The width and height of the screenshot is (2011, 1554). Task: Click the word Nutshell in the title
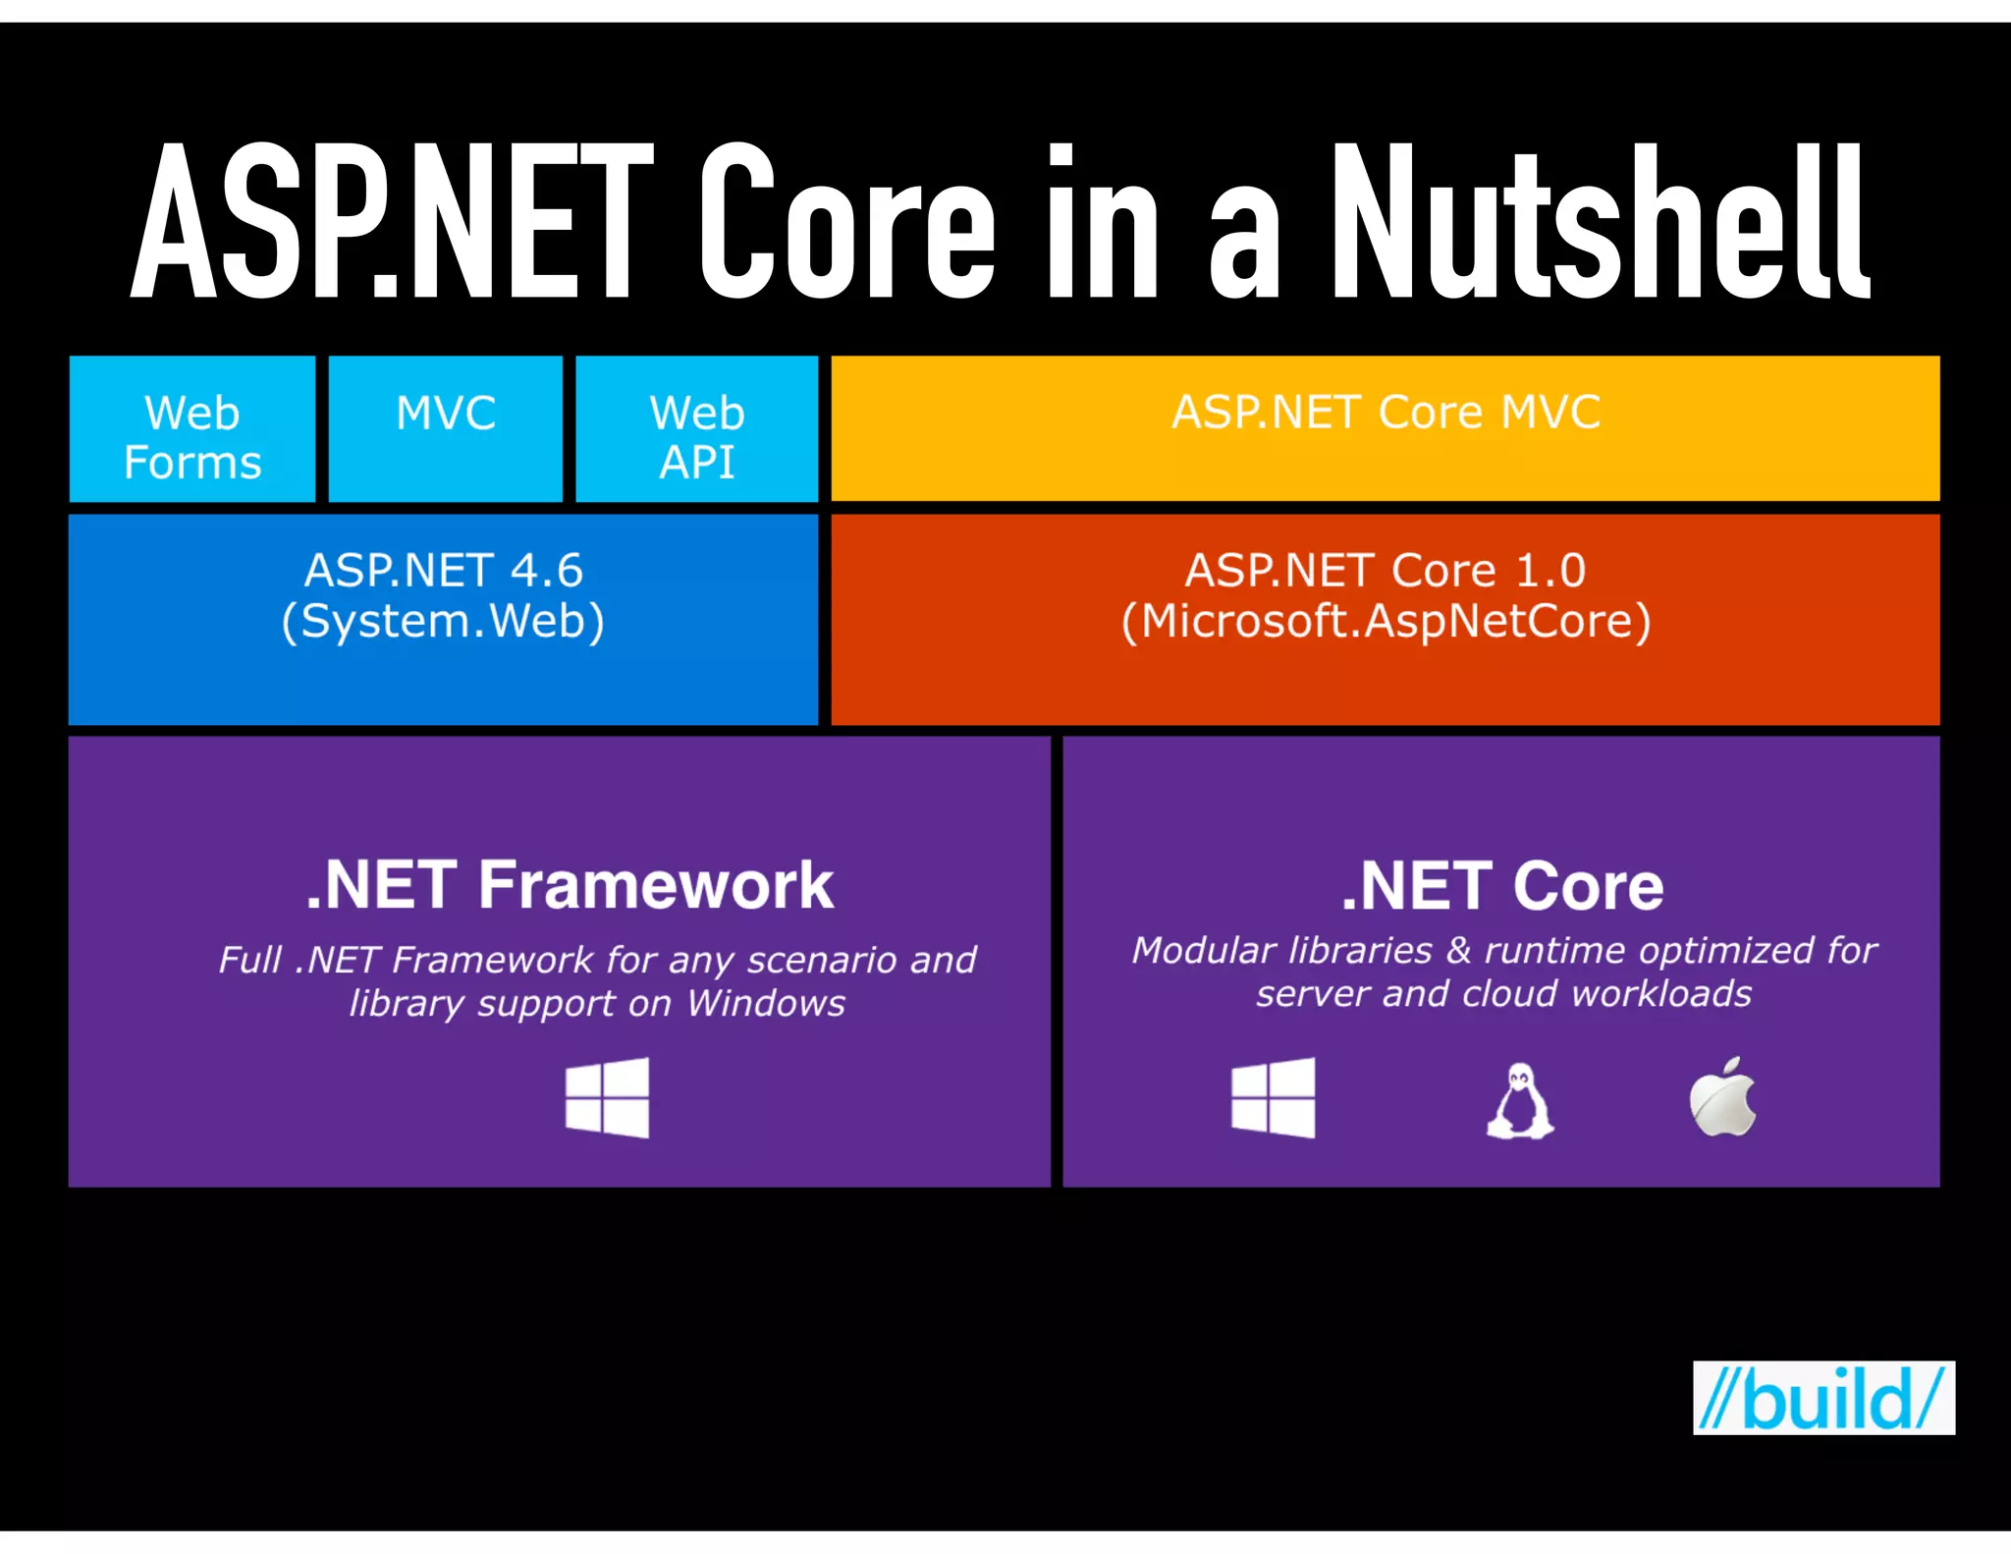point(1601,221)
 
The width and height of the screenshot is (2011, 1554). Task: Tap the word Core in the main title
point(846,221)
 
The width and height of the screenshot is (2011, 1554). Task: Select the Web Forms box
point(192,430)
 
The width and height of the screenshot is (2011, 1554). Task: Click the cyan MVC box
point(446,428)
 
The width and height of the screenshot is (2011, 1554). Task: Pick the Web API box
point(697,430)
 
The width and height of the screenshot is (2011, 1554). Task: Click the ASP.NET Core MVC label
point(1386,413)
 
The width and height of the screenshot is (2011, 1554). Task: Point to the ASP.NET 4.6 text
point(444,570)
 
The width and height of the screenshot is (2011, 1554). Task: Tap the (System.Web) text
point(444,621)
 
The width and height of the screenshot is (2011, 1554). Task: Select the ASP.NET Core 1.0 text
point(1386,570)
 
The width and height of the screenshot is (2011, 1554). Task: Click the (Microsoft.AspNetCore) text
point(1386,621)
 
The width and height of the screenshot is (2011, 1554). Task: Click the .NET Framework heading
point(570,885)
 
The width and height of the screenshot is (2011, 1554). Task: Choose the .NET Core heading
point(1502,886)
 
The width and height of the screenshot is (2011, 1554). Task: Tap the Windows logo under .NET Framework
point(608,1097)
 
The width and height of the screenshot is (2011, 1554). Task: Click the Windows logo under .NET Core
point(1274,1097)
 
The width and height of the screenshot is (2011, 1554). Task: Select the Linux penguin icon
point(1519,1101)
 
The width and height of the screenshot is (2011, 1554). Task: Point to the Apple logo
point(1722,1098)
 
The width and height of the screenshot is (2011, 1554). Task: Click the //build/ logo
point(1823,1398)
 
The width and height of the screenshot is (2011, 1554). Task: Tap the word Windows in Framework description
point(766,1003)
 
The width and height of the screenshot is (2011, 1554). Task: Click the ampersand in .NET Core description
point(1459,950)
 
